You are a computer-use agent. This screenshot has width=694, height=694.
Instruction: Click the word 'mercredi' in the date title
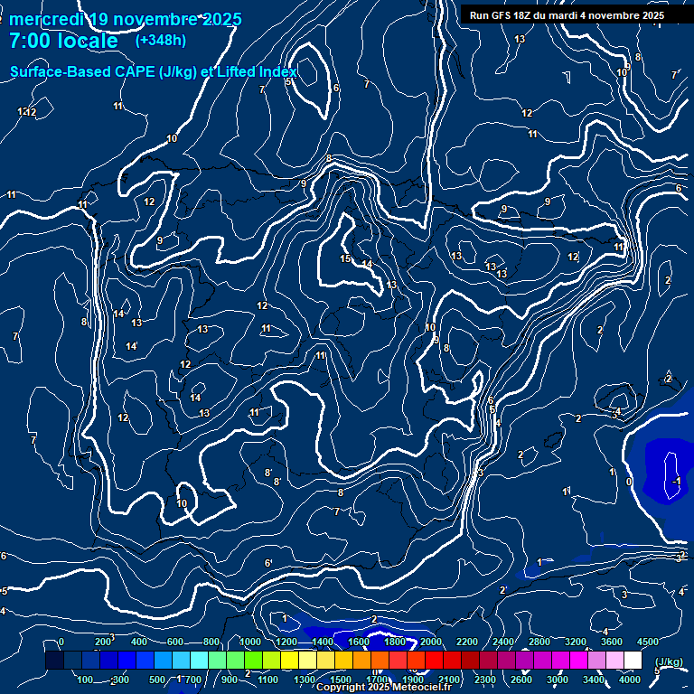coord(48,19)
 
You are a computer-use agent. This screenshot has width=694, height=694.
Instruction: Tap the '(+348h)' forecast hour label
coord(161,41)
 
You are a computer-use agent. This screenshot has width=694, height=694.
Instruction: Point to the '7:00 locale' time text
coord(63,42)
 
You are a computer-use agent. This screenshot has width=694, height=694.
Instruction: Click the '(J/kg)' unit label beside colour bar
coord(668,661)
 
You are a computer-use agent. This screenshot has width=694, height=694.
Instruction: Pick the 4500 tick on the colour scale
coord(647,642)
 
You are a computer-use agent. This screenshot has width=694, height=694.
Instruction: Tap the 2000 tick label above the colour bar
coord(431,642)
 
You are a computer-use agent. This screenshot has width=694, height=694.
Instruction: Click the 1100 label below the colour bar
coord(268,680)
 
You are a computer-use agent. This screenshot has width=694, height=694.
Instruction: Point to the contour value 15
coord(345,259)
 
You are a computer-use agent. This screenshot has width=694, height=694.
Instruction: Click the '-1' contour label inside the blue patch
coord(675,482)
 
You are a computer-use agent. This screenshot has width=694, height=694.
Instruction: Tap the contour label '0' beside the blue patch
coord(629,482)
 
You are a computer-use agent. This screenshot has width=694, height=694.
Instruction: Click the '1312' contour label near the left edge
coord(27,112)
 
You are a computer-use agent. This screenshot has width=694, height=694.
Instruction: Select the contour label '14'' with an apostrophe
coord(132,347)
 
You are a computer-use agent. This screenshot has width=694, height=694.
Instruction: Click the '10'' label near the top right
coord(623,72)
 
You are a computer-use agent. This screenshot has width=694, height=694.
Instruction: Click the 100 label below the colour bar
coord(86,680)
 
